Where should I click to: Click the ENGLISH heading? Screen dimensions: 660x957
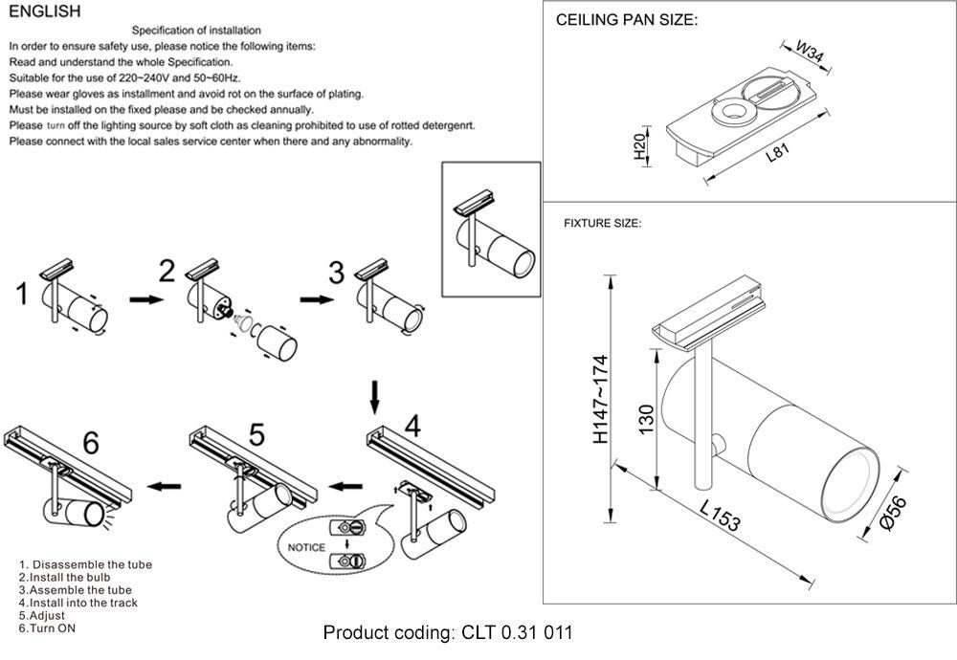[x=44, y=11]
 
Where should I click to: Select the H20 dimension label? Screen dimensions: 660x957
[x=639, y=146]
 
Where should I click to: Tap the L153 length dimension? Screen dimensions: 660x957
[x=720, y=517]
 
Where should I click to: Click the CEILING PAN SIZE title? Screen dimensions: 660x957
[x=626, y=20]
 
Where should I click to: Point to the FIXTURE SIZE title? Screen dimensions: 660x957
[x=602, y=223]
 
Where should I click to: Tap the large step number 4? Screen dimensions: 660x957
[x=412, y=426]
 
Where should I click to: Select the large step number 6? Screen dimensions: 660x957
[x=91, y=443]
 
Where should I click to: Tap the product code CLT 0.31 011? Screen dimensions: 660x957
[x=448, y=633]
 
